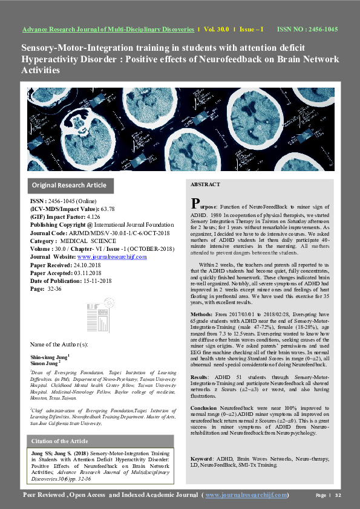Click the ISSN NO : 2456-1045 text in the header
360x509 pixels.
tap(307, 29)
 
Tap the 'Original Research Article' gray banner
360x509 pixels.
tap(69, 185)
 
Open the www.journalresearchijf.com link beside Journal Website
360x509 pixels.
tap(115, 257)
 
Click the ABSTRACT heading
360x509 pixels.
tap(205, 184)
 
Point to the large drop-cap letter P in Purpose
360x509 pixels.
tap(195, 203)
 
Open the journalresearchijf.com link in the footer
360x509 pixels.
tap(247, 496)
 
